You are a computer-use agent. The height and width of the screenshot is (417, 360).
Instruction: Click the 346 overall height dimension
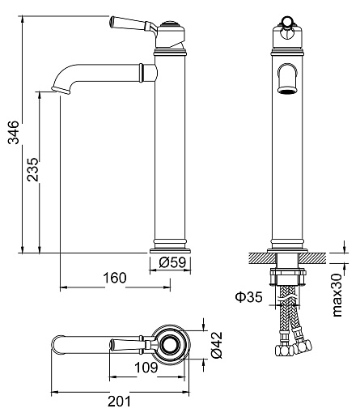(14, 132)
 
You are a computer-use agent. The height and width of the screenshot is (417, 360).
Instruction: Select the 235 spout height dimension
(32, 169)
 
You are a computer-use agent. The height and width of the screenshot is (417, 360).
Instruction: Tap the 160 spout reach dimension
(115, 278)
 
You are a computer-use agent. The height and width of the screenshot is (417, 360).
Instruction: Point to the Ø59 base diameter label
(172, 262)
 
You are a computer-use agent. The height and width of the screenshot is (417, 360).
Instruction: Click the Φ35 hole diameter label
(248, 297)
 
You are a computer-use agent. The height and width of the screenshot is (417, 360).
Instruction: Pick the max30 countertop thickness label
(337, 295)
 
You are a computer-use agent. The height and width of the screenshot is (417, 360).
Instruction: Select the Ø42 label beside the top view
(217, 345)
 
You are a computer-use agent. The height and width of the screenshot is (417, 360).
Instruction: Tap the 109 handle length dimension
(146, 367)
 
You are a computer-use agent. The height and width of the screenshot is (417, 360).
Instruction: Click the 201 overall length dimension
(119, 402)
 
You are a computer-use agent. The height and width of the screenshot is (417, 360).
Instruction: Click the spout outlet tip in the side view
(61, 91)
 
